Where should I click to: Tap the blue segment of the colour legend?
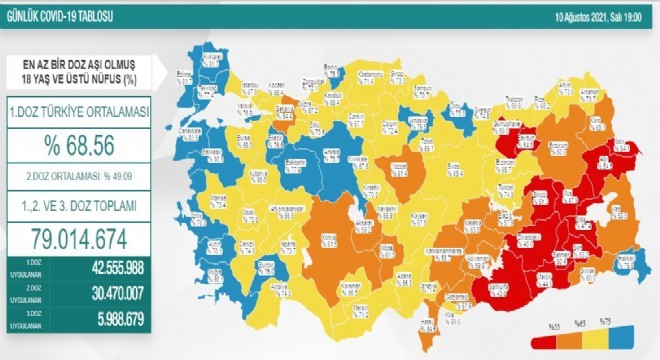[x=625, y=333]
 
